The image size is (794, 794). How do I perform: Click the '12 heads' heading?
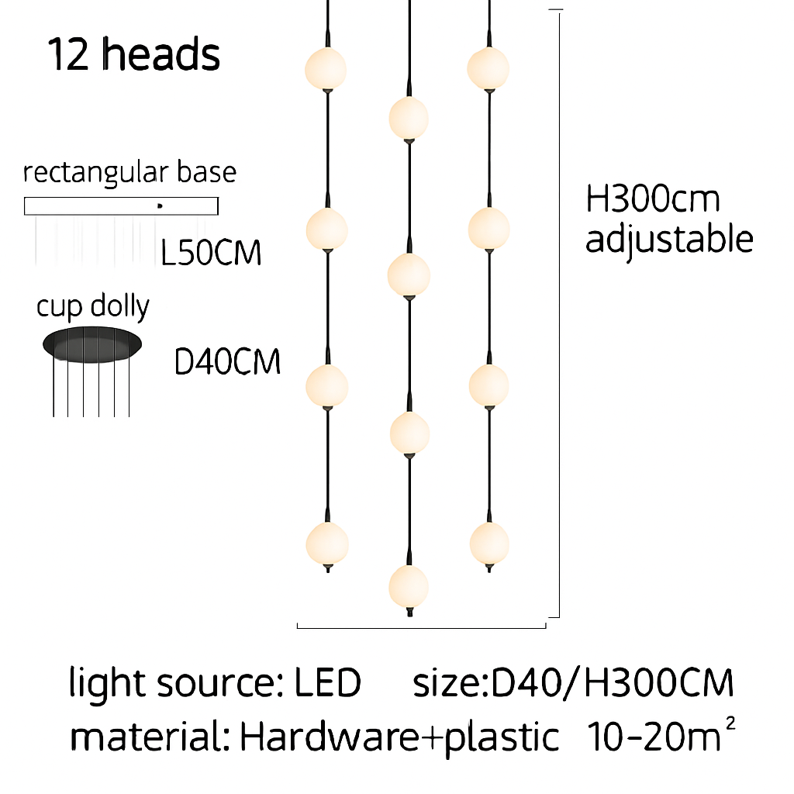134,54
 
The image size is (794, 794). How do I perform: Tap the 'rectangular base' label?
129,173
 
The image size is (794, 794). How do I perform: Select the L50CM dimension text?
211,252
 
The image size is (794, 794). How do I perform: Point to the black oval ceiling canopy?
92,344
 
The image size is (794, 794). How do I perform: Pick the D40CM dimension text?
227,361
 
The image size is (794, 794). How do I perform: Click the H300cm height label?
652,198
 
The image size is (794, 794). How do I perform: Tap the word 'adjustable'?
669,239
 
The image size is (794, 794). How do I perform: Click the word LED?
328,682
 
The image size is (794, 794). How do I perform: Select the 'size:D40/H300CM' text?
573,682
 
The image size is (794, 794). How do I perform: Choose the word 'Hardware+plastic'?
399,737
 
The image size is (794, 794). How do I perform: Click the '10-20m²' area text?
661,734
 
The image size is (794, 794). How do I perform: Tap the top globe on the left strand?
326,69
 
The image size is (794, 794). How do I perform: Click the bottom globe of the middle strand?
409,586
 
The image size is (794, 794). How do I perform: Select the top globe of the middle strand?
409,118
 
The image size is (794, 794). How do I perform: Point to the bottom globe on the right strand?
488,544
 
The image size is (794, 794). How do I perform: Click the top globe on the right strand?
488,68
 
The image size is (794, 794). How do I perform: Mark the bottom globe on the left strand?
327,544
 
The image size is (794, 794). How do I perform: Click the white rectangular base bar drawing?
121,206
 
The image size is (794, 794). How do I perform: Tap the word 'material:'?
150,736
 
